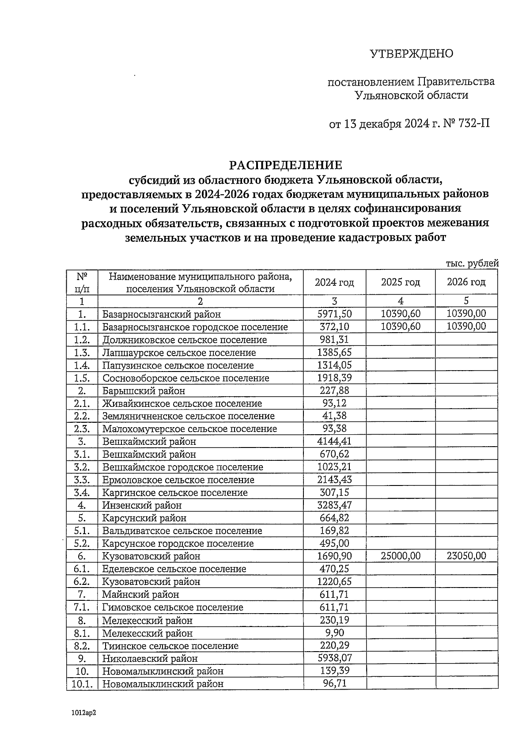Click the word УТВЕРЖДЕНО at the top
(x=411, y=54)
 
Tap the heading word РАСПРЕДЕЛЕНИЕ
(x=285, y=165)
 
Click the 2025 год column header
(x=400, y=282)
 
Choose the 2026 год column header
(x=466, y=282)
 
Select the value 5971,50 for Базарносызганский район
(x=334, y=314)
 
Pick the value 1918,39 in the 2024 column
(x=334, y=378)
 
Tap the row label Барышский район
(x=144, y=391)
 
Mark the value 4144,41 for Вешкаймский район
(x=334, y=441)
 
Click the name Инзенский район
(x=142, y=505)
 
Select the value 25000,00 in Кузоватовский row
(x=400, y=556)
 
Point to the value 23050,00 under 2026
(x=466, y=556)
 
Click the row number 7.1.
(x=82, y=607)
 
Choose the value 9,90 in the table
(x=334, y=633)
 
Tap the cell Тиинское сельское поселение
(x=170, y=646)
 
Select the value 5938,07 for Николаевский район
(x=334, y=658)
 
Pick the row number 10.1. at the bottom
(x=82, y=684)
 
